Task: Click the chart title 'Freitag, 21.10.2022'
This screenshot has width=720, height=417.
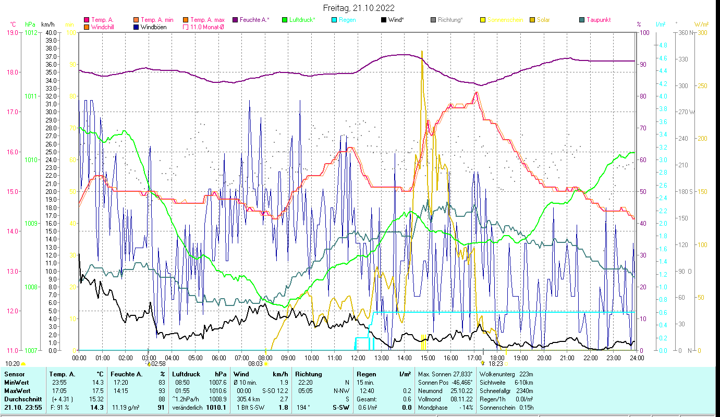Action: point(359,8)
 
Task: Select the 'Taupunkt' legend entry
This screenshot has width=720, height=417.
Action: point(598,20)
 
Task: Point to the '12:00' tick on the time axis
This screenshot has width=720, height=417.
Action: point(358,358)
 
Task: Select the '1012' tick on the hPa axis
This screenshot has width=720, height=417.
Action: point(31,33)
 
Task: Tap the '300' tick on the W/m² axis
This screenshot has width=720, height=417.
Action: point(702,33)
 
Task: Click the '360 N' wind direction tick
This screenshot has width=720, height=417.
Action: point(685,33)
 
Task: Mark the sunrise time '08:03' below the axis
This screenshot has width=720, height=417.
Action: point(255,364)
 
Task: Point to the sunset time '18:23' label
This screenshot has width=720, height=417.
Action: point(495,364)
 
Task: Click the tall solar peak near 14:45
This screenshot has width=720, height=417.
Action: point(422,52)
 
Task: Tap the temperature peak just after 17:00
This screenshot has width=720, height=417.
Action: point(476,93)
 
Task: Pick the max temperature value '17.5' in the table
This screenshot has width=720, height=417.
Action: point(98,390)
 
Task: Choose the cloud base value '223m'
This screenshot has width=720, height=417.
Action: point(530,374)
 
